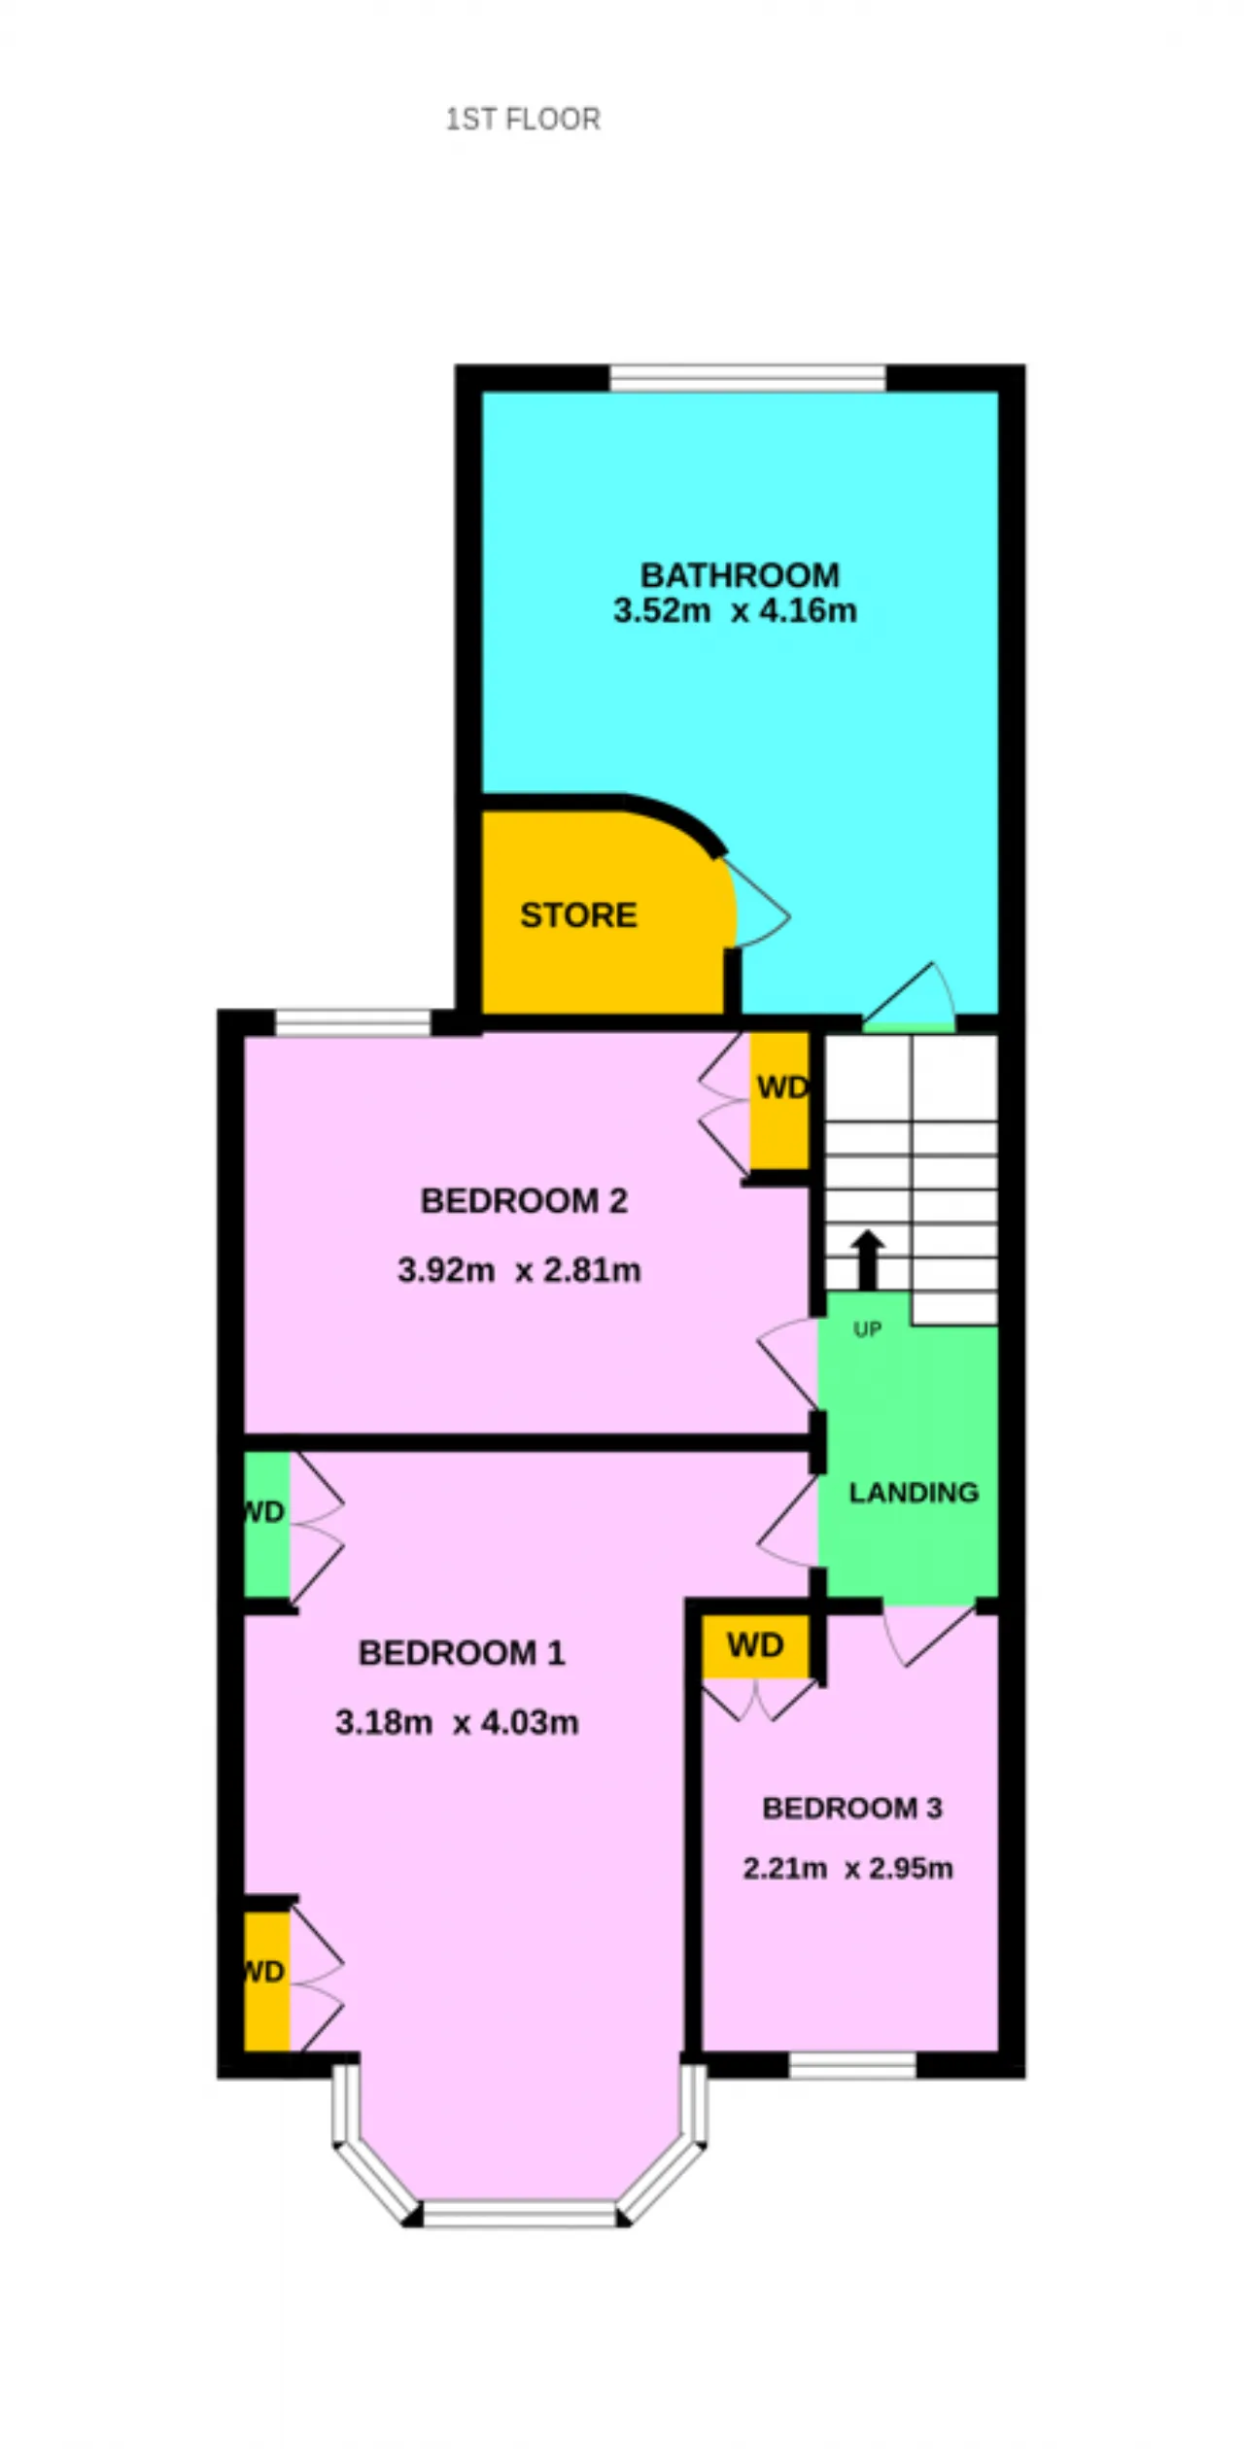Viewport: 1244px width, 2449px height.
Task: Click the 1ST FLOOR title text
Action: (523, 119)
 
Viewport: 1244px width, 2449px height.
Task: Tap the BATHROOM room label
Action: (740, 575)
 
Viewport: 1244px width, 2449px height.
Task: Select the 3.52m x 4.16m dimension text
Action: (735, 611)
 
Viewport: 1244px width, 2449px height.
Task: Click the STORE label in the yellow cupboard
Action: (578, 915)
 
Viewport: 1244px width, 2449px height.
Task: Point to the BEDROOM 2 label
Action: (524, 1201)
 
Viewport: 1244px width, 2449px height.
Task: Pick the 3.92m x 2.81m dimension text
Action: (519, 1270)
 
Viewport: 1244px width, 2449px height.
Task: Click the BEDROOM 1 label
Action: (462, 1653)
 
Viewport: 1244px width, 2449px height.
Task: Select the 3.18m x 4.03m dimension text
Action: (457, 1723)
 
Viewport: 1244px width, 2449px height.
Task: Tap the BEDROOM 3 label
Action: (852, 1808)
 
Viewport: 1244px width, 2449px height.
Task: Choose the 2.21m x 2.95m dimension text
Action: (847, 1868)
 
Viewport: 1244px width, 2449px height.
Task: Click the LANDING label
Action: (914, 1493)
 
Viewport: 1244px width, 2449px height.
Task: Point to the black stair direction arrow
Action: (867, 1260)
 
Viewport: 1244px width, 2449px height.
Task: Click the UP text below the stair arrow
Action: (867, 1329)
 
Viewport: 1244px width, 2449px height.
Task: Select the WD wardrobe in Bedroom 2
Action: (779, 1101)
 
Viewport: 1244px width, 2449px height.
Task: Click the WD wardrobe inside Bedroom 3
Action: (756, 1646)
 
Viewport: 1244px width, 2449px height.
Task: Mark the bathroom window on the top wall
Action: (747, 378)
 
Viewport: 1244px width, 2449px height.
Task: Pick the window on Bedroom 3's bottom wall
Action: (852, 2065)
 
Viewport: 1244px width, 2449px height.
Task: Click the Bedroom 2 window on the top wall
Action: (353, 1022)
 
